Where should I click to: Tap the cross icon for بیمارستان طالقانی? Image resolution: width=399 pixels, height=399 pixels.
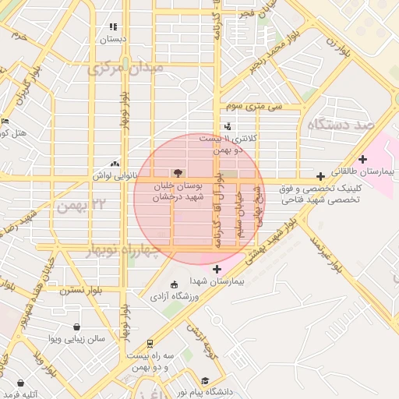coord(362,159)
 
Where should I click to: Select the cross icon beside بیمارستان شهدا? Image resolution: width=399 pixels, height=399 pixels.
coord(217,269)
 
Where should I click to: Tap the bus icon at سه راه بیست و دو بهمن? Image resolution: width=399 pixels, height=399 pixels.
coord(150,343)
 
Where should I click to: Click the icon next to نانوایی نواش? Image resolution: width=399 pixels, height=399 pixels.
coord(115,164)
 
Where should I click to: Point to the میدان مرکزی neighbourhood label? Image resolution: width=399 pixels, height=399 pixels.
coord(125,70)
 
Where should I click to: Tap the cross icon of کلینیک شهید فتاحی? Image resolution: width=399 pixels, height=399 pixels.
coord(320,176)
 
